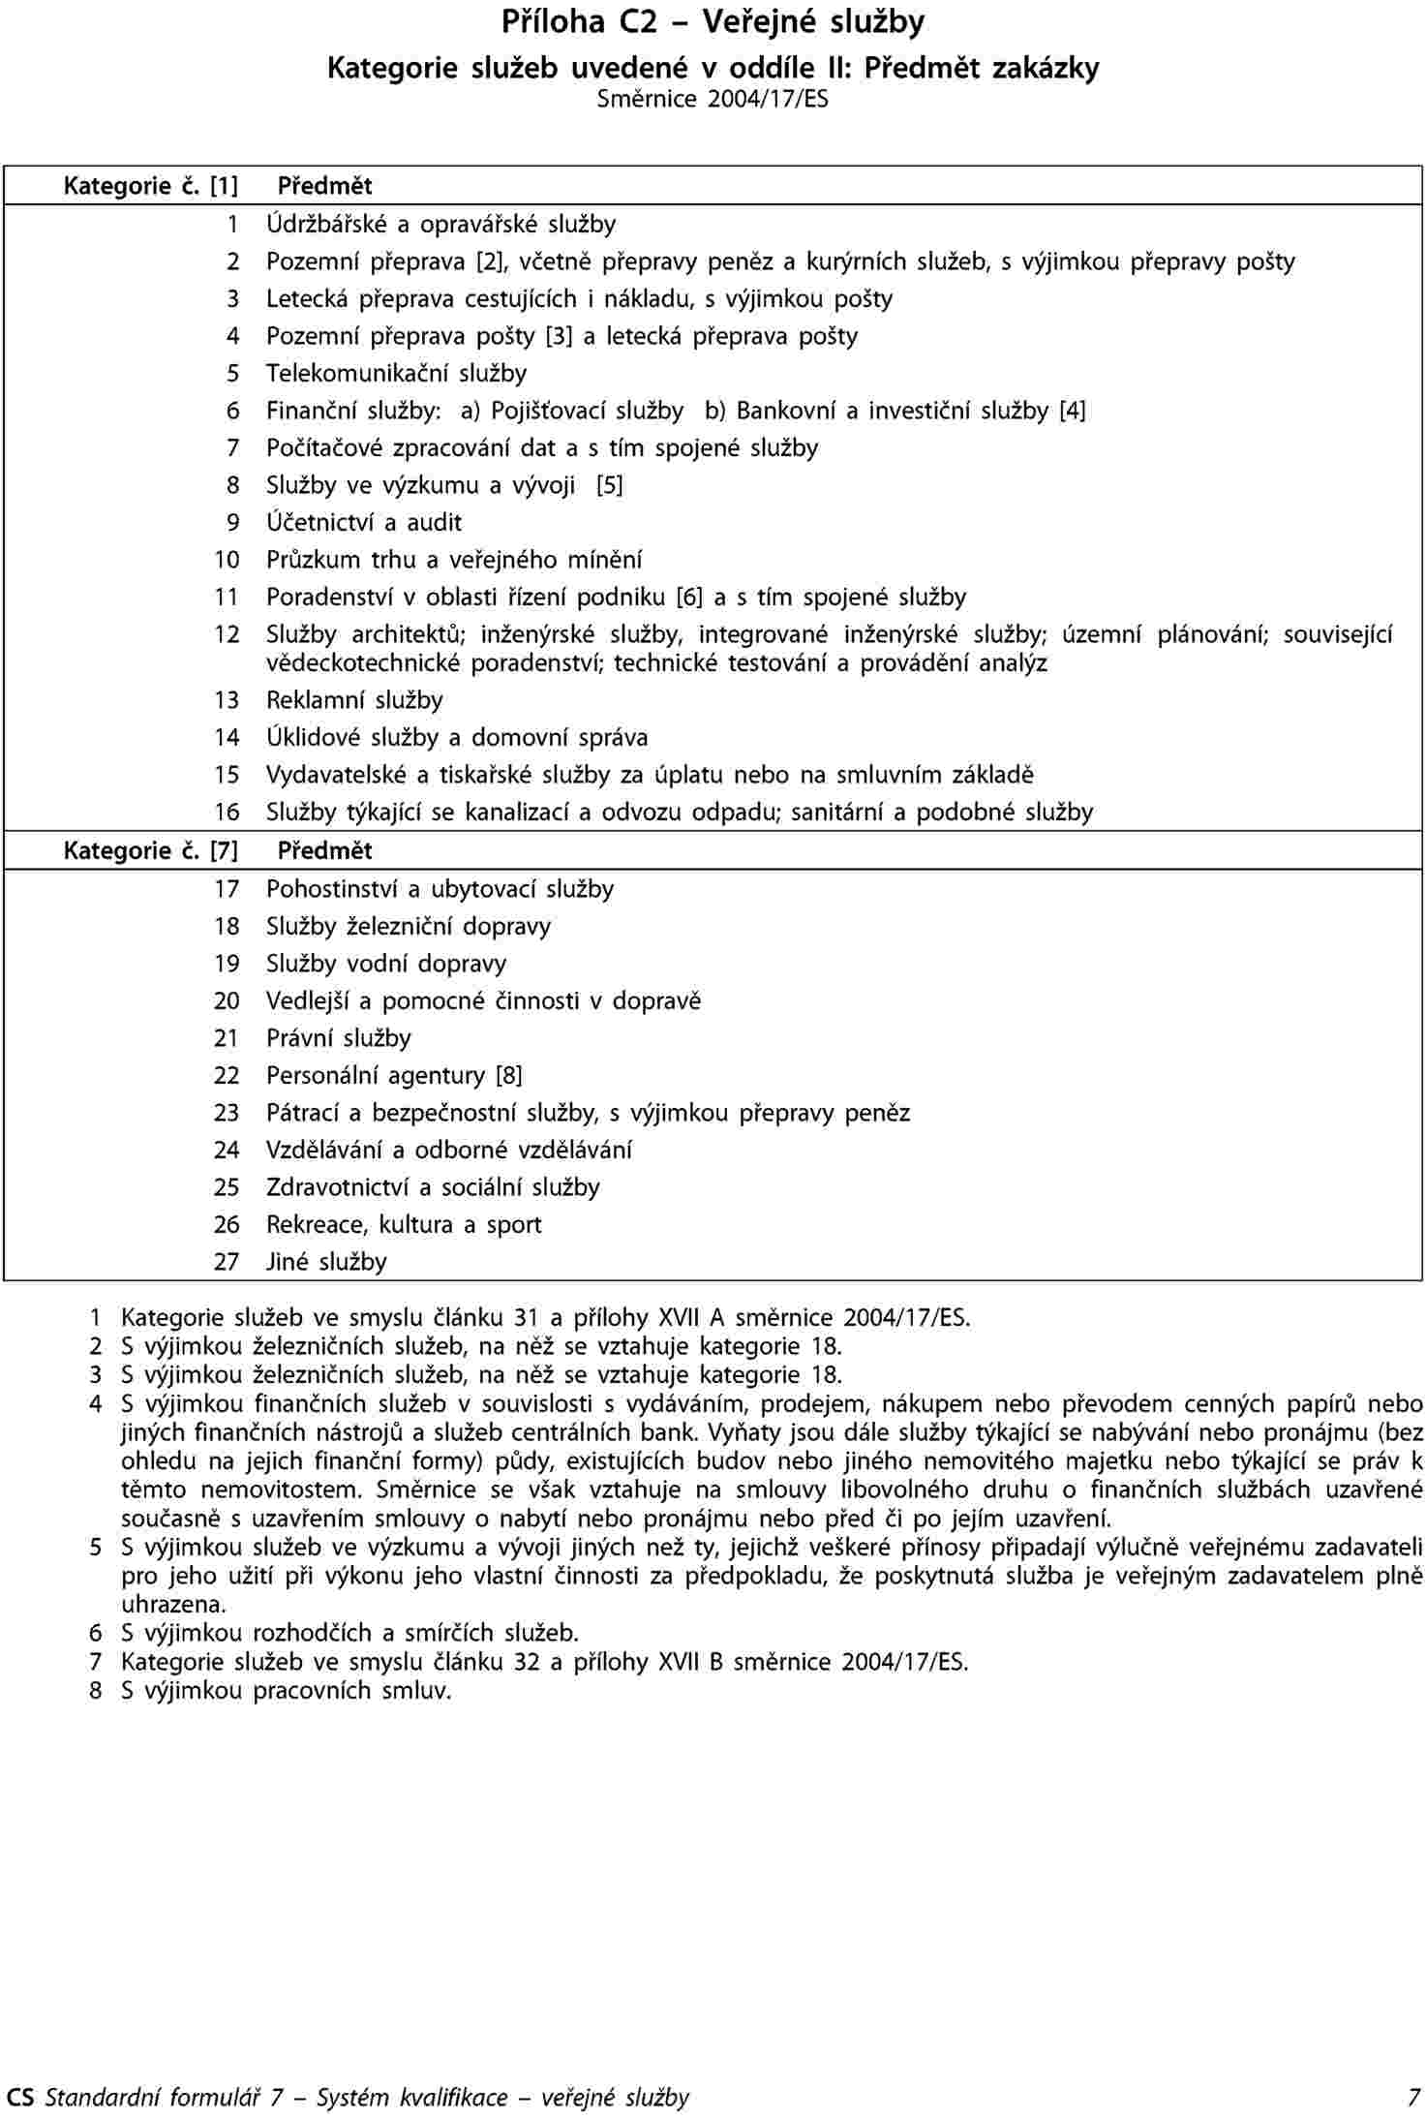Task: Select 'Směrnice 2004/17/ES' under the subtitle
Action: click(x=713, y=99)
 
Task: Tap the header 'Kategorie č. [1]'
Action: click(x=151, y=185)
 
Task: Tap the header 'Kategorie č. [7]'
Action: click(x=151, y=851)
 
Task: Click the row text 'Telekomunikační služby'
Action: click(x=397, y=374)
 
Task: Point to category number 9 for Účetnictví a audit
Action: click(x=232, y=523)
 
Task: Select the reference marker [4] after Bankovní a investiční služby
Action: click(x=1073, y=412)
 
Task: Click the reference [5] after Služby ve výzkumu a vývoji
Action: click(x=610, y=486)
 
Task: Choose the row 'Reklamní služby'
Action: click(x=354, y=701)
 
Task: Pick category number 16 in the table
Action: click(x=227, y=813)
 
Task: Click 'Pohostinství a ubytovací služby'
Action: click(x=440, y=889)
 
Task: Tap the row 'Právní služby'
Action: click(x=339, y=1039)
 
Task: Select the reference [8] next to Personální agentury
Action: click(x=509, y=1076)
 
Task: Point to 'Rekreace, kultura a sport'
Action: click(x=404, y=1225)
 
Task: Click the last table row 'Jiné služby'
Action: click(x=326, y=1263)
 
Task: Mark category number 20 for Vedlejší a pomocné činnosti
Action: click(x=227, y=1001)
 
